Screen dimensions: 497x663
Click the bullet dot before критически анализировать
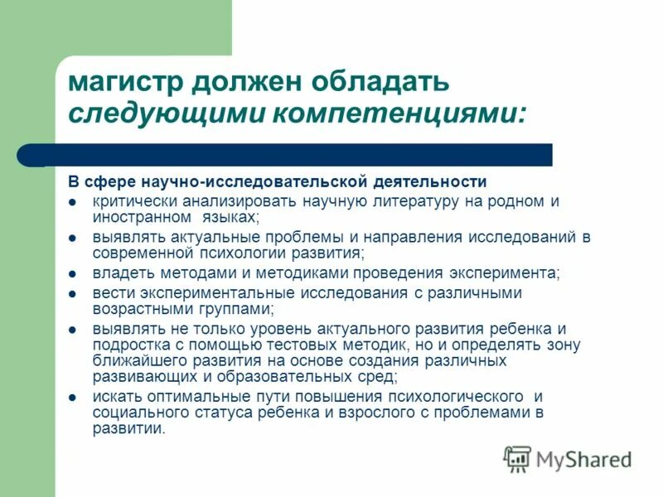point(74,202)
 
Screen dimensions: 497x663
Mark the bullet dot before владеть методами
point(74,274)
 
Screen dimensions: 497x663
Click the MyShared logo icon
point(517,459)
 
